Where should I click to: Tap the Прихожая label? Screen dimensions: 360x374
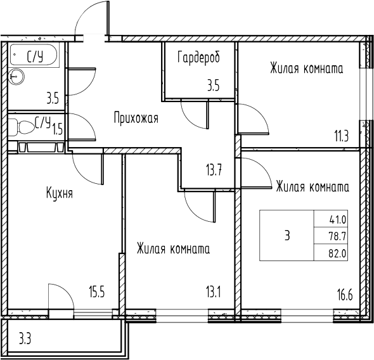click(136, 118)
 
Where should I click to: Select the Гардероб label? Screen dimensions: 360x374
click(199, 58)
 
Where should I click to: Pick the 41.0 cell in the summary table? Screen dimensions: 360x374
click(337, 221)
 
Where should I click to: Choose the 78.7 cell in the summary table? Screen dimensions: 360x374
click(337, 236)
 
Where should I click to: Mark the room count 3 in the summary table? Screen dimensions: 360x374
click(287, 236)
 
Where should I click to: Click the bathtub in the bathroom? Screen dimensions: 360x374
click(35, 56)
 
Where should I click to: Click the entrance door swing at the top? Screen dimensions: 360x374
click(90, 19)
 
